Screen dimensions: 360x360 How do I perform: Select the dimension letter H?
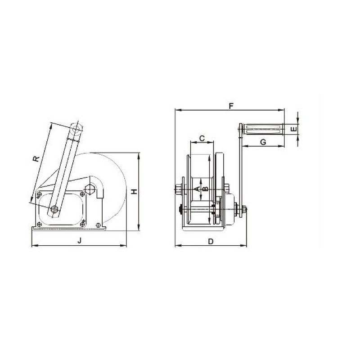tap(134, 192)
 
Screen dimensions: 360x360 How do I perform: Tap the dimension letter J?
tap(80, 241)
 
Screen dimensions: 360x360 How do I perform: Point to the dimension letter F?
tap(230, 106)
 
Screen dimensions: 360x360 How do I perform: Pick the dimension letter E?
tap(293, 129)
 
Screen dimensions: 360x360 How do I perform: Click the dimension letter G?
tap(263, 142)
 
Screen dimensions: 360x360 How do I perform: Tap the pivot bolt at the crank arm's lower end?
tap(54, 209)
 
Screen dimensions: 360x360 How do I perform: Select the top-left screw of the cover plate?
tap(40, 194)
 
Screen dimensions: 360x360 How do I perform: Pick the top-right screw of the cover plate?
tap(82, 194)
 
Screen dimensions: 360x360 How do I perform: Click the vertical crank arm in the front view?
tap(241, 171)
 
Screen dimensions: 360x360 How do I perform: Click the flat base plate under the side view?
tap(68, 228)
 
